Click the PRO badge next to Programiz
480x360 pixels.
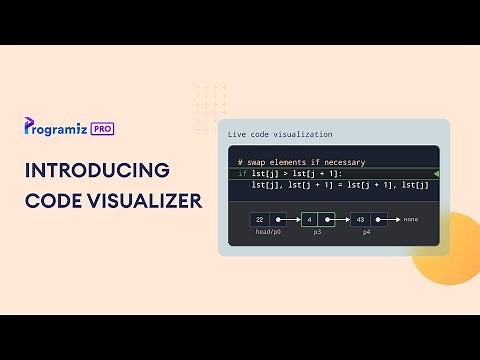pos(100,128)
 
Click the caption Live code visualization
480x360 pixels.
pos(280,134)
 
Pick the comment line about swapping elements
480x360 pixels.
pos(301,162)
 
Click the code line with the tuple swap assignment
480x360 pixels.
pos(340,185)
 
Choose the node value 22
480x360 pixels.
pos(260,219)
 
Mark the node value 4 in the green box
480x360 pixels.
pos(309,219)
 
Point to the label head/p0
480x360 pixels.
pos(266,231)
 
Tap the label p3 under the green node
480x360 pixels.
pos(317,231)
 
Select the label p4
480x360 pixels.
pos(367,231)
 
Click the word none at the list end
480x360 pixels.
pos(411,219)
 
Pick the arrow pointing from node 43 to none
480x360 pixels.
pos(392,219)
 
